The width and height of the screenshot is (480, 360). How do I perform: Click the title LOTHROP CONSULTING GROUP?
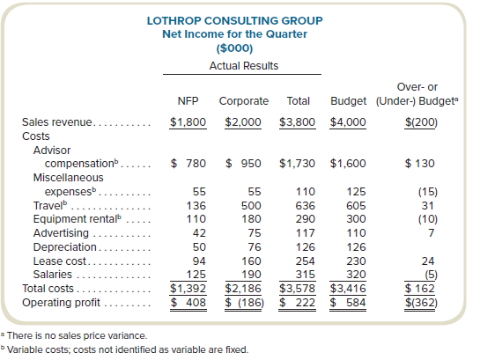point(235,21)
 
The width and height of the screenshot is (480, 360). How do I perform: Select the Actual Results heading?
point(244,66)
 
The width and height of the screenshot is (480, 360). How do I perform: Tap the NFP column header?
point(188,101)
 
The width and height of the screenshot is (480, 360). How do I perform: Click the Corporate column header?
point(244,101)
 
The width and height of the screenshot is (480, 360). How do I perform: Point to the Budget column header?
point(349,101)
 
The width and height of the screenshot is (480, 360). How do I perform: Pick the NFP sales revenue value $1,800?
point(188,122)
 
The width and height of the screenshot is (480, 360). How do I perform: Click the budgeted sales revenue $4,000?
point(348,122)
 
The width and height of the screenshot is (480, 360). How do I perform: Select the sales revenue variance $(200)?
point(421,122)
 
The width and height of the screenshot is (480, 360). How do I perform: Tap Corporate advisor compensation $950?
point(243,164)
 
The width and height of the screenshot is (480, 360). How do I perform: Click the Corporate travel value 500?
point(251,206)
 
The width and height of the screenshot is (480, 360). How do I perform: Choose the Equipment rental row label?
point(78,219)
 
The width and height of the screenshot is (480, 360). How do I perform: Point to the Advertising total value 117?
point(306,233)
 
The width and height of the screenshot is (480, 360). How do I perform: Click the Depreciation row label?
point(65,247)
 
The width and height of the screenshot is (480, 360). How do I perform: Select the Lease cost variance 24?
point(428,261)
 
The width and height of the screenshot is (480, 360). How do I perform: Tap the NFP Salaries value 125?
point(196,275)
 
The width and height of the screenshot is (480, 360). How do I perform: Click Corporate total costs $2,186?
point(243,289)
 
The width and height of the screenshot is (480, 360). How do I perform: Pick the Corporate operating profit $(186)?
point(244,303)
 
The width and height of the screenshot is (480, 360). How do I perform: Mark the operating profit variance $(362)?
point(421,303)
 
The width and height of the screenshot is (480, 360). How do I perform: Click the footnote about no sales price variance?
point(74,335)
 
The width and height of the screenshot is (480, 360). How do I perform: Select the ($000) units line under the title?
point(234,48)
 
